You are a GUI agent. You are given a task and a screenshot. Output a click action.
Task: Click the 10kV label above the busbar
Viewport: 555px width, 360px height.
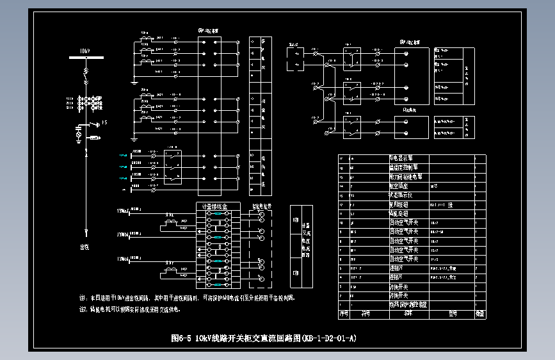(84, 50)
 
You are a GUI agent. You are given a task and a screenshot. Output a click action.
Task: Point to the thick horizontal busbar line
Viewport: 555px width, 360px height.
(85, 59)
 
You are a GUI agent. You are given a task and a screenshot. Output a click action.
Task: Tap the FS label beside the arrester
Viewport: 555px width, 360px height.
(104, 121)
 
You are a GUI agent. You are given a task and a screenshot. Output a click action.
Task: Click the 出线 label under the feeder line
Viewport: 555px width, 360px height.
(84, 246)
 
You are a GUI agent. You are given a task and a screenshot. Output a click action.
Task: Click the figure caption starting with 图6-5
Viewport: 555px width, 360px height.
(264, 338)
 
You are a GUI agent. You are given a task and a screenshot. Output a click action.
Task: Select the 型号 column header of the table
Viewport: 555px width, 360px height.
(451, 315)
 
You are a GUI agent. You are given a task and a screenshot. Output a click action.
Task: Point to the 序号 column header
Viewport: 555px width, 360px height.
(344, 315)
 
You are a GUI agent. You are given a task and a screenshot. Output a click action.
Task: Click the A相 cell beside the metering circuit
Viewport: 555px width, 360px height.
(295, 220)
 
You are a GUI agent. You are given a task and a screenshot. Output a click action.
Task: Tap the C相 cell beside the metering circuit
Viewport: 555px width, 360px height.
(295, 274)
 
